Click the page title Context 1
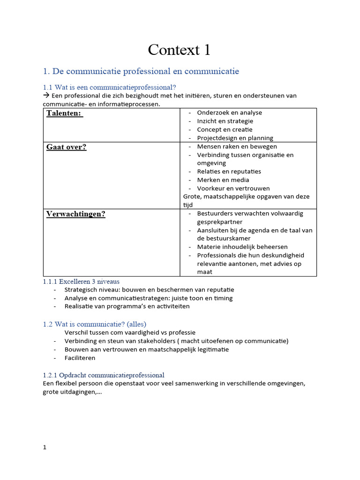tap(180, 49)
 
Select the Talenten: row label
tap(64, 113)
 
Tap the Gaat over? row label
tap(66, 147)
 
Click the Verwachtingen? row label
tap(75, 214)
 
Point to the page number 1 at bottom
tap(45, 447)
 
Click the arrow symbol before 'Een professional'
tap(46, 96)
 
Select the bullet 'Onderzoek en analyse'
tap(229, 112)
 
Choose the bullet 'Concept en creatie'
tap(225, 129)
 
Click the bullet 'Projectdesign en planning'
tap(235, 138)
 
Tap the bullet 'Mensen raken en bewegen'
tap(237, 146)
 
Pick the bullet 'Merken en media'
tap(223, 180)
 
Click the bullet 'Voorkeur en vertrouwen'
tap(233, 188)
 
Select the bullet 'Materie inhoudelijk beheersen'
tap(242, 247)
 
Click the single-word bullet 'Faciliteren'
tap(80, 358)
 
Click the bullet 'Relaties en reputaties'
tap(229, 172)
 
